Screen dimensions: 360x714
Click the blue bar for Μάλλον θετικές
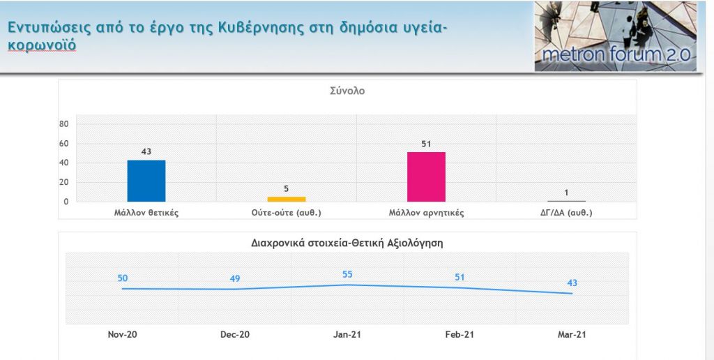146,181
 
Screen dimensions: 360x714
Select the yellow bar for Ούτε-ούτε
287,199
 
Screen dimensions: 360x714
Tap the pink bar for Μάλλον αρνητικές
426,177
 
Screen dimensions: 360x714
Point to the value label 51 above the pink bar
426,144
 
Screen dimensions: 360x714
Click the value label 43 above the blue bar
146,151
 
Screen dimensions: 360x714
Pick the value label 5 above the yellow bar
287,188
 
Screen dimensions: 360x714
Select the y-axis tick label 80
63,124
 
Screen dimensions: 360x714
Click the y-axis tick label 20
63,182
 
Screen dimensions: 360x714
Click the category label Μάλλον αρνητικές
426,212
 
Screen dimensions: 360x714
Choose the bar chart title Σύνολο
347,91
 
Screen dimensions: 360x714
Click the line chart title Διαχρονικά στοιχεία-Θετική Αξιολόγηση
347,243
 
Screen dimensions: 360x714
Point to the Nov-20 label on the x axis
123,334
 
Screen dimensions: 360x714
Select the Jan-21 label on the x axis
347,334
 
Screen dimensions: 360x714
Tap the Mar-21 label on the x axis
572,334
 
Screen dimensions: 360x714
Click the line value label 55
347,274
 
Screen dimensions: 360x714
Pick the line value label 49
235,278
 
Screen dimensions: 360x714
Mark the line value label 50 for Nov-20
123,278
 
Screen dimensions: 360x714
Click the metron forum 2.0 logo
616,36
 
